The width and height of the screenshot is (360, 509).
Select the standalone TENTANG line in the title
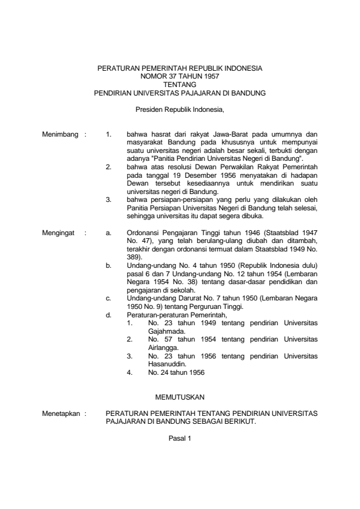point(180,85)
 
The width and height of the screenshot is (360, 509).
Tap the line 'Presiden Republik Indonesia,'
point(180,109)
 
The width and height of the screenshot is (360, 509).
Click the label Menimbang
point(61,134)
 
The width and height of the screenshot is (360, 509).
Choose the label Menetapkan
point(62,414)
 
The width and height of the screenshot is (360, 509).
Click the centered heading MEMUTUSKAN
point(180,397)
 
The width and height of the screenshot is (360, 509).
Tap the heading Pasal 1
point(180,438)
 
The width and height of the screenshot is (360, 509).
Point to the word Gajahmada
point(165,331)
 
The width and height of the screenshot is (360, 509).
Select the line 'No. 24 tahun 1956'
point(175,373)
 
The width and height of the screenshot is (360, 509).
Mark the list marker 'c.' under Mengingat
point(108,297)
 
